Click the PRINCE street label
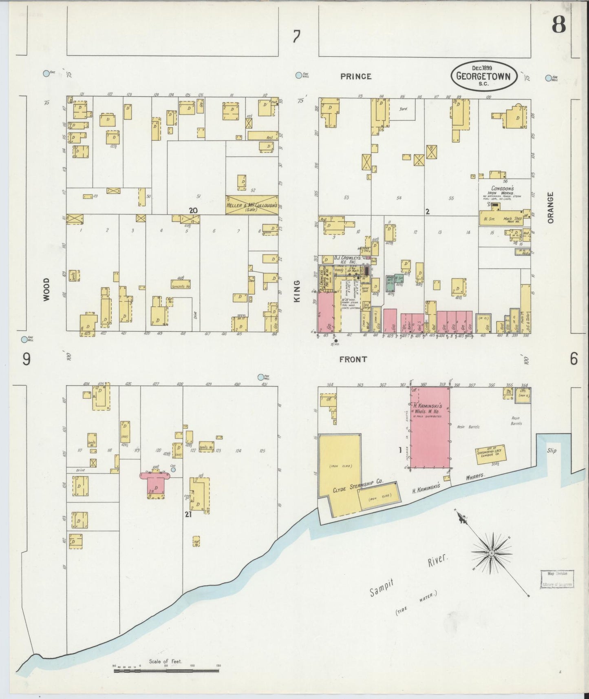tap(356, 76)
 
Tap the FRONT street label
tap(353, 359)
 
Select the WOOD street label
tap(46, 289)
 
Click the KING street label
tap(297, 291)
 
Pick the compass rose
tap(491, 553)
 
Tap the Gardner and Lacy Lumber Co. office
tap(490, 454)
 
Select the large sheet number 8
tap(558, 25)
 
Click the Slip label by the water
tap(552, 451)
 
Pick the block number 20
tap(193, 210)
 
